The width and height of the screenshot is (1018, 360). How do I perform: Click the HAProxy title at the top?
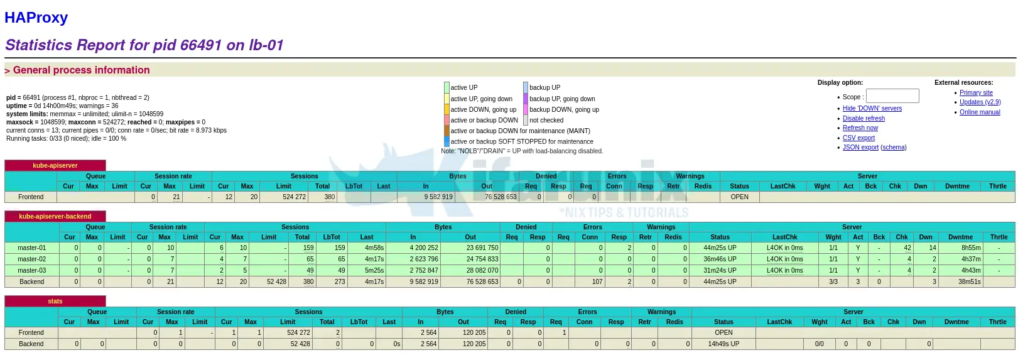tap(36, 18)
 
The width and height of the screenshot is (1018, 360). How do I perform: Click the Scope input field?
tap(892, 96)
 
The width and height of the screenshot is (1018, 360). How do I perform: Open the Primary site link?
tap(976, 93)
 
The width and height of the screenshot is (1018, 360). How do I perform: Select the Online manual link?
tap(980, 112)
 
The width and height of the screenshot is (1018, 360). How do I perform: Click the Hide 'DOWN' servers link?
tap(872, 109)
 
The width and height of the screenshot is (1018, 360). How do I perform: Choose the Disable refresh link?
tap(864, 119)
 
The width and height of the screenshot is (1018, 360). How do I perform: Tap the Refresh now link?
tap(860, 128)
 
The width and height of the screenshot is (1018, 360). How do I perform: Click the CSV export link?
tap(858, 138)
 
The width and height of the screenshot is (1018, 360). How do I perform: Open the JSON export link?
tap(860, 148)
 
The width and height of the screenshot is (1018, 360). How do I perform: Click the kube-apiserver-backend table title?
tap(55, 216)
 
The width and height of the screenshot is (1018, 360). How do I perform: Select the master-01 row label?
tap(32, 248)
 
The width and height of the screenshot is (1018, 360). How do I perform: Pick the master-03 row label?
tap(32, 271)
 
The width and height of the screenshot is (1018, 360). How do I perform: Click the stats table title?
tap(55, 302)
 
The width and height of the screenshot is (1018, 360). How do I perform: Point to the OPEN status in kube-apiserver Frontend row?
tap(739, 197)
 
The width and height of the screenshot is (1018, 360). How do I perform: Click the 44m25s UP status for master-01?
tap(720, 248)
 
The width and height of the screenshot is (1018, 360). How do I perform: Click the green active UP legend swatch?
tap(447, 88)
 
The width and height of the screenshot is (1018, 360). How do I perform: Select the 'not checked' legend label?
tap(546, 121)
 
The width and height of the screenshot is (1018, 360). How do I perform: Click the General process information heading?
tap(81, 70)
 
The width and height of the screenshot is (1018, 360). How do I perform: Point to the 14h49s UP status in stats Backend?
tap(723, 344)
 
